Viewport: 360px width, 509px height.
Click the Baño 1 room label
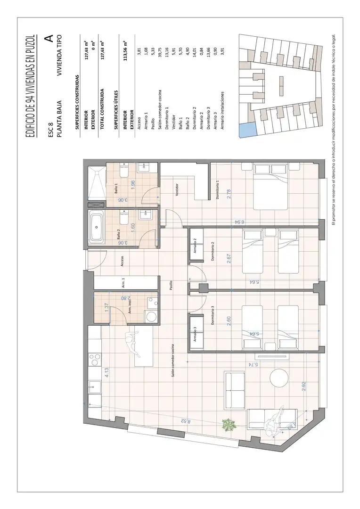pos(116,189)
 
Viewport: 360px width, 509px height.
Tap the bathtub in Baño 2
pos(97,227)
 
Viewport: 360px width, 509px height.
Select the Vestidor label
pos(177,190)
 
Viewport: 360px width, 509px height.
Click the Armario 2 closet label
pos(195,246)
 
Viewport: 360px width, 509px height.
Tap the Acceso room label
pos(122,261)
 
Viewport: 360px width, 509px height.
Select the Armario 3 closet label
pos(195,334)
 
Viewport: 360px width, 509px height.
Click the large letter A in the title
pos(49,39)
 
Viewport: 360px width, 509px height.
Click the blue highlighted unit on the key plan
pos(247,130)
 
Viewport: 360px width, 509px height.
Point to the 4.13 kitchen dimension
pos(106,372)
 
